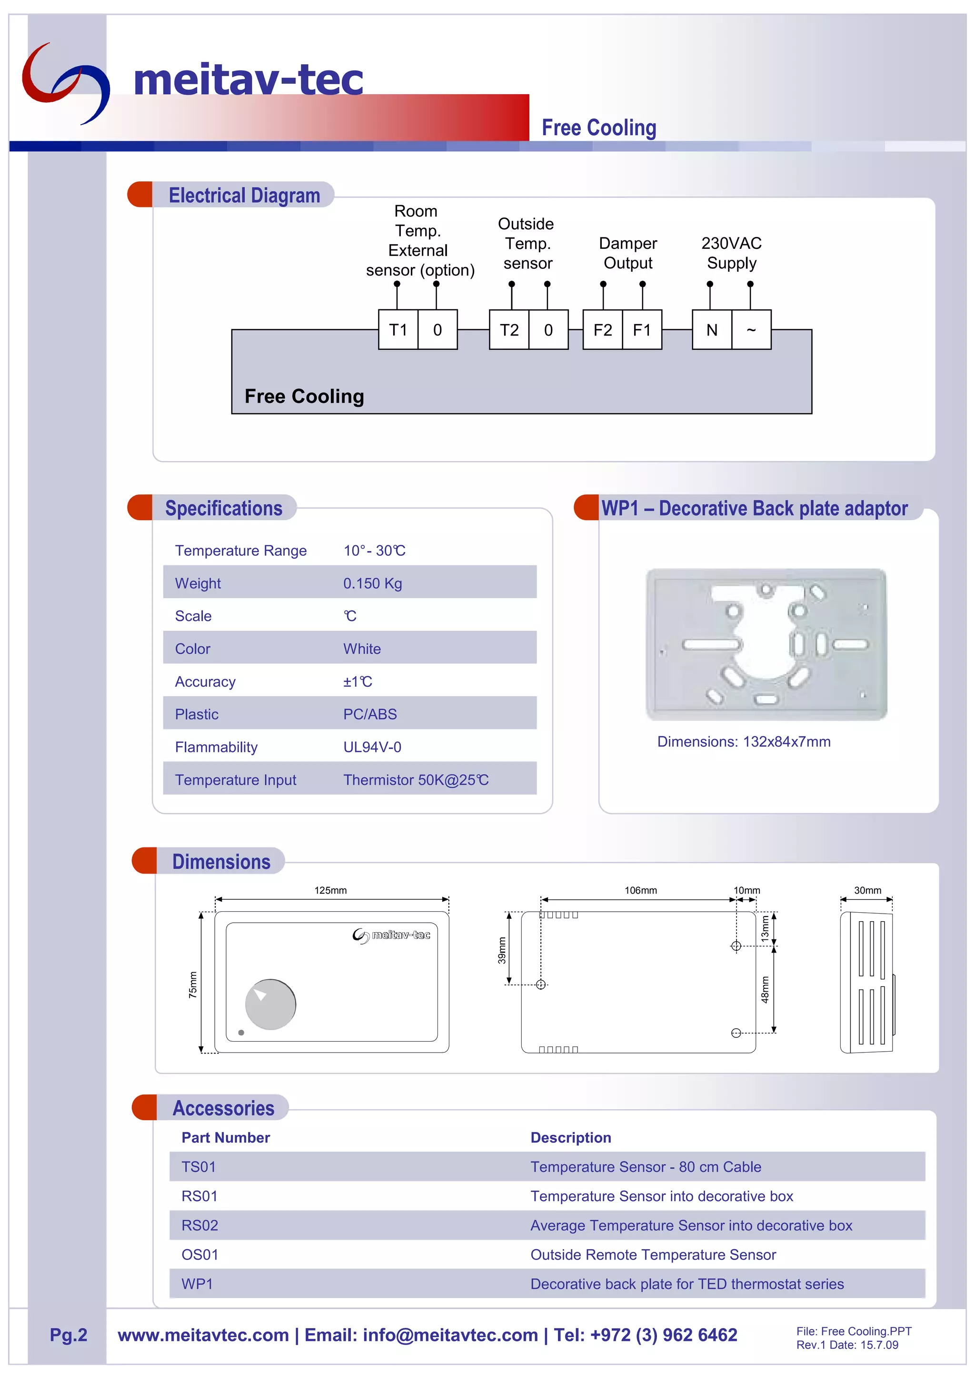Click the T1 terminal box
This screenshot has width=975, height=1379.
click(x=398, y=330)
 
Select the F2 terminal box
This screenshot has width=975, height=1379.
click(x=603, y=330)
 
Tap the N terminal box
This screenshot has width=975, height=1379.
click(x=712, y=330)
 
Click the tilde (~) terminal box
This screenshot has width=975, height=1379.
click(x=751, y=330)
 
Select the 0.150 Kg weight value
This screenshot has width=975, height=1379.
click(x=372, y=583)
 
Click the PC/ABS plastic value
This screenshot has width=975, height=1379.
click(x=370, y=714)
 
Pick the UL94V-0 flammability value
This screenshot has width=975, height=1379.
click(x=372, y=747)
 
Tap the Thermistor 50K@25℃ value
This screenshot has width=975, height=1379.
click(x=416, y=779)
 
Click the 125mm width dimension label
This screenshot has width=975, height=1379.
click(x=330, y=890)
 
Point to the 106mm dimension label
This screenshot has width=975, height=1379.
click(x=640, y=890)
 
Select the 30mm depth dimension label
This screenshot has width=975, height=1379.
click(x=867, y=890)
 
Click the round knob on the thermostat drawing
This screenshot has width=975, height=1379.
click(x=271, y=1004)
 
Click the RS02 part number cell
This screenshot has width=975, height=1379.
click(x=200, y=1225)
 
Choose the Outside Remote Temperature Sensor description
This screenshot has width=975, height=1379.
click(x=653, y=1255)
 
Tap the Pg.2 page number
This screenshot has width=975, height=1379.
click(x=69, y=1335)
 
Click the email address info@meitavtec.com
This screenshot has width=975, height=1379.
click(x=450, y=1335)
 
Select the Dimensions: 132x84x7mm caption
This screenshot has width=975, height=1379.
click(x=744, y=742)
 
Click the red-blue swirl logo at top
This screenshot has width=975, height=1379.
click(x=66, y=81)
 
